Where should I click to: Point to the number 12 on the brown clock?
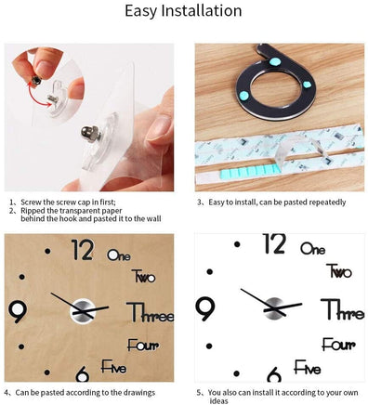[82, 250]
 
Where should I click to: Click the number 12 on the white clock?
[273, 244]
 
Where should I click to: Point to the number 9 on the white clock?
[205, 308]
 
